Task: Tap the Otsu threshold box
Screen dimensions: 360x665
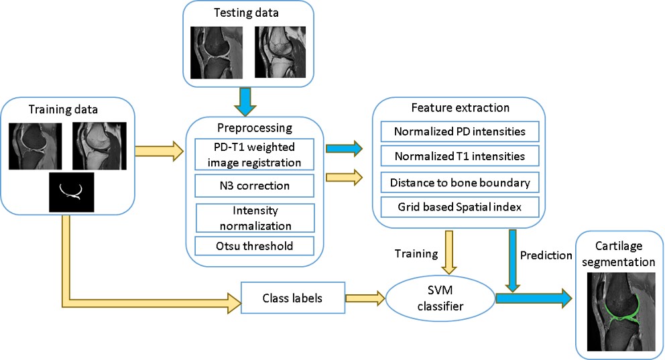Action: point(253,246)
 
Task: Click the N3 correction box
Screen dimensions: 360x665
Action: point(253,184)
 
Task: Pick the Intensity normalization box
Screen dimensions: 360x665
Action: point(254,218)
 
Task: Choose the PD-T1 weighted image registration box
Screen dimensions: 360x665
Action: point(253,154)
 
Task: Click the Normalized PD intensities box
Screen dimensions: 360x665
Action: point(460,131)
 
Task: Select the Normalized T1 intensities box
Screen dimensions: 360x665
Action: point(460,157)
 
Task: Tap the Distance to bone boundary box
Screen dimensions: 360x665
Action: point(460,182)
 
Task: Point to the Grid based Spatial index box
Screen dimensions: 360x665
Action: point(460,208)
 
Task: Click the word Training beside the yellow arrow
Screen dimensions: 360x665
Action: point(416,255)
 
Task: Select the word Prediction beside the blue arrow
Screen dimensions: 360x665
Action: point(546,255)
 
